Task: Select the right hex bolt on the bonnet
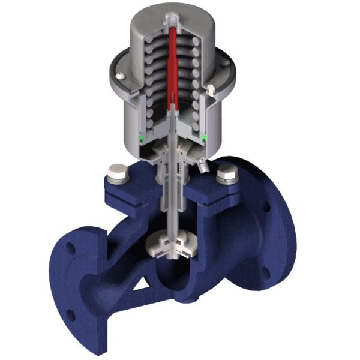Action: coord(227,175)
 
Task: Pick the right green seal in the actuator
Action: coord(205,139)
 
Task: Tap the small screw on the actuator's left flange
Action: coord(121,75)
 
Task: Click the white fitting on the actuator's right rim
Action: coord(212,90)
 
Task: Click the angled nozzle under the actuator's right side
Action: coord(203,161)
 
